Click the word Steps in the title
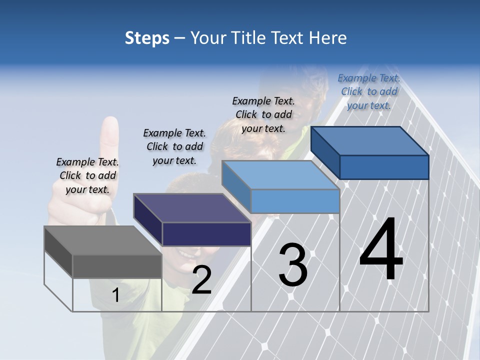point(147,38)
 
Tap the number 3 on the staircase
point(293,265)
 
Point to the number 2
point(201,280)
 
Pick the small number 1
point(115,295)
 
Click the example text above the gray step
point(87,175)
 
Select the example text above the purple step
point(174,146)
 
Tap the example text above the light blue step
point(263,114)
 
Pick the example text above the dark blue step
point(369,91)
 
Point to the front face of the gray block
point(117,266)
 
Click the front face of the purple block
point(206,234)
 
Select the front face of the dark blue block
point(384,167)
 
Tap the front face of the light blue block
point(295,201)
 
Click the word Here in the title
point(329,38)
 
